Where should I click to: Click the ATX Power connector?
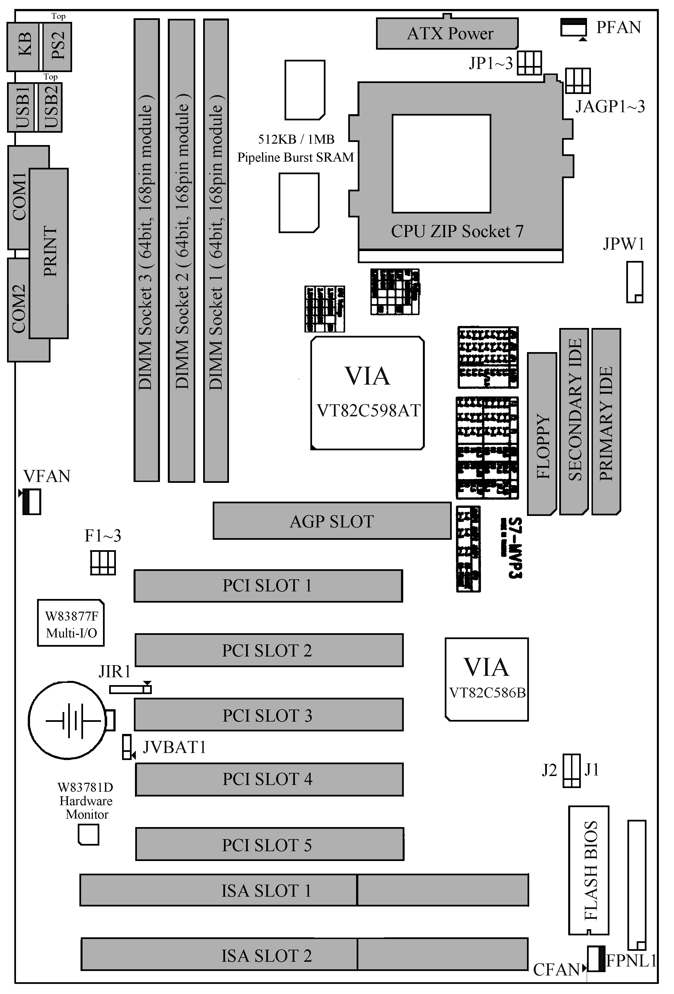[x=447, y=33]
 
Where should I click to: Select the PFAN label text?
[x=618, y=27]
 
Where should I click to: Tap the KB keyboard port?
[x=24, y=46]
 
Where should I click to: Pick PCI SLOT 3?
[x=269, y=715]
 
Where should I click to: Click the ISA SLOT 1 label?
[x=266, y=890]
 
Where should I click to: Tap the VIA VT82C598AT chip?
[x=367, y=393]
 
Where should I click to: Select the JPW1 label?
[x=623, y=244]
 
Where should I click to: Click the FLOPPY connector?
[x=542, y=434]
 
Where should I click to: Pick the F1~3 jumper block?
[x=103, y=563]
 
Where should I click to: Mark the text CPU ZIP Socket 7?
[x=457, y=231]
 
